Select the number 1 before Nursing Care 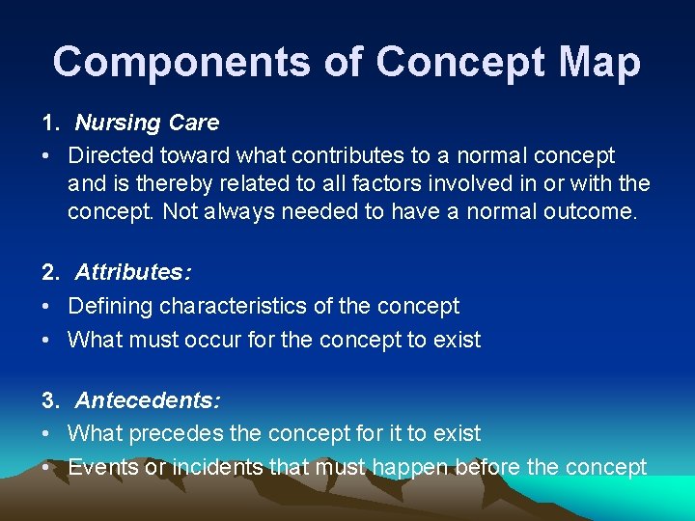click(x=47, y=123)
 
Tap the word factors click(x=412, y=183)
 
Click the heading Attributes click(x=132, y=273)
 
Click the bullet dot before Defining click(x=46, y=307)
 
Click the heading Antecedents click(x=148, y=400)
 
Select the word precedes click(x=183, y=434)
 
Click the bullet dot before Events click(x=46, y=468)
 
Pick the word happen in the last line click(x=409, y=468)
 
